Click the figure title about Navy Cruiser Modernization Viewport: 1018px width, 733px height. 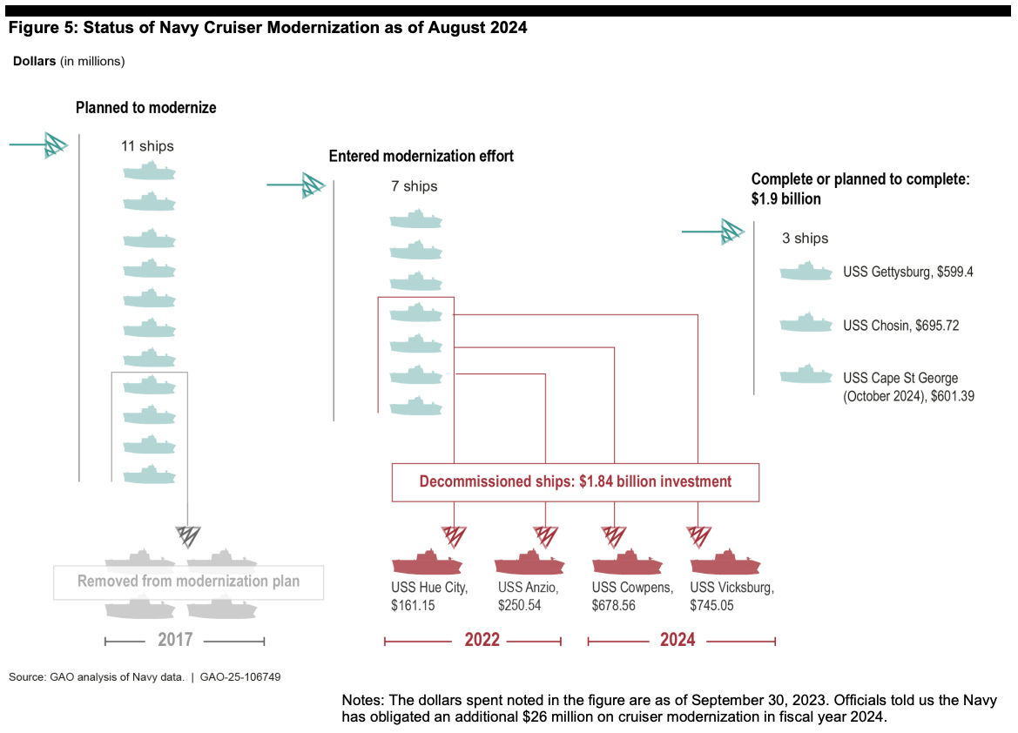click(x=268, y=28)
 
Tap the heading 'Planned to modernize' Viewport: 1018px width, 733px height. click(x=146, y=108)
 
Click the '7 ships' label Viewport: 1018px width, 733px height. click(x=415, y=186)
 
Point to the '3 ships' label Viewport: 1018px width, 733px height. click(x=806, y=238)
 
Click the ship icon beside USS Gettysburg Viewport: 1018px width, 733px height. click(x=806, y=272)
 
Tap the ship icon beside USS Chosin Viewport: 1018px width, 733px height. click(x=806, y=325)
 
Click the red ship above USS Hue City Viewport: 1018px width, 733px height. click(x=427, y=562)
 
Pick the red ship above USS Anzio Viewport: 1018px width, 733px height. click(x=529, y=562)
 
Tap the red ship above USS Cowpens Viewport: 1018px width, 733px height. click(x=627, y=562)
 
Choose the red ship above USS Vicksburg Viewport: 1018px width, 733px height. click(x=725, y=562)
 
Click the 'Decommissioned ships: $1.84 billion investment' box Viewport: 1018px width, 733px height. click(x=575, y=481)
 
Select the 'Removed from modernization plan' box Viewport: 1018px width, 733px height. click(x=188, y=582)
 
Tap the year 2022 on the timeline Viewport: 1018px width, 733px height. click(x=482, y=641)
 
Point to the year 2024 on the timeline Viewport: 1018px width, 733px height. click(x=678, y=641)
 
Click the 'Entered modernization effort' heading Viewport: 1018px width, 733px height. click(x=421, y=157)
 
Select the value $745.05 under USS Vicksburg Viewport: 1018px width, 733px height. click(x=711, y=605)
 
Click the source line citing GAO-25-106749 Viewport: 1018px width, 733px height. click(x=145, y=676)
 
